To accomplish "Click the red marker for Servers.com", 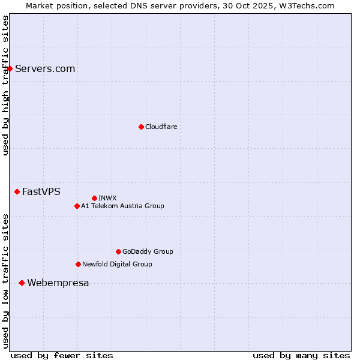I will [10, 68].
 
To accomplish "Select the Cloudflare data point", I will [141, 127].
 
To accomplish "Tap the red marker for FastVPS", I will [17, 191].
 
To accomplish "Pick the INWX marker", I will [94, 198].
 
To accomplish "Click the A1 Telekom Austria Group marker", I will [77, 206].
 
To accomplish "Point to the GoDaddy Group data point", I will [118, 251].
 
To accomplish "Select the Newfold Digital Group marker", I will [78, 264].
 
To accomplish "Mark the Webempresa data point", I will [22, 283].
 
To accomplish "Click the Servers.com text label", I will [45, 68].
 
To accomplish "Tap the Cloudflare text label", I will [161, 127].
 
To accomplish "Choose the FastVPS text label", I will [41, 191].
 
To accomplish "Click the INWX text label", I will [107, 198].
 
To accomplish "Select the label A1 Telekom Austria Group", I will [122, 206].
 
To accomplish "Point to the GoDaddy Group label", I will [148, 251].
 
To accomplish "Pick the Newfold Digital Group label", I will [117, 264].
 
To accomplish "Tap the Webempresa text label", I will [58, 283].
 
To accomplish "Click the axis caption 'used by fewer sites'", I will [62, 355].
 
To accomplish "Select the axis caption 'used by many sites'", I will [301, 355].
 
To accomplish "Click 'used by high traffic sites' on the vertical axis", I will [5, 85].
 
